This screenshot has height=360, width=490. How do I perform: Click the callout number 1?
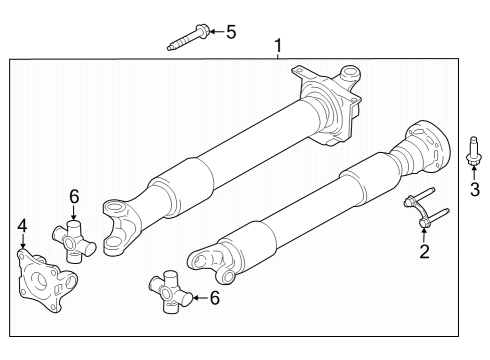(278, 45)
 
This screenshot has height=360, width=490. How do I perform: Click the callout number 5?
(230, 32)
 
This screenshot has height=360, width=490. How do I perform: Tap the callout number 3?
(475, 190)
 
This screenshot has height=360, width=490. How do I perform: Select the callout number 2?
(424, 251)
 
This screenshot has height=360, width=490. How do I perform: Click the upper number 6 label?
(73, 195)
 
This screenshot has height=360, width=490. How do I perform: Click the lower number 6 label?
(213, 297)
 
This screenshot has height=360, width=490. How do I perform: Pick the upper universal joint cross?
(77, 243)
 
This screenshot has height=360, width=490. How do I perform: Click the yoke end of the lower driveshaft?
(211, 263)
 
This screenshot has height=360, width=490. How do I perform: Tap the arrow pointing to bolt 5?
(211, 33)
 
